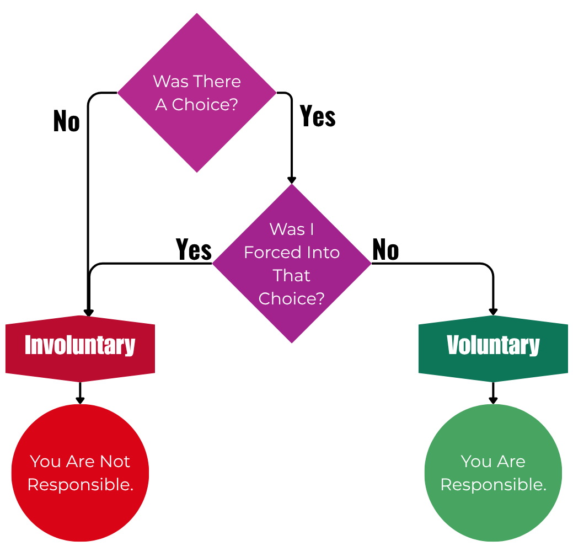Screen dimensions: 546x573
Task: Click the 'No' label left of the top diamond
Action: [66, 121]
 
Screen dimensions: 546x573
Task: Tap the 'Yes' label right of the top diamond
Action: [318, 116]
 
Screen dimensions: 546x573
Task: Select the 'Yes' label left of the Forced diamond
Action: [194, 249]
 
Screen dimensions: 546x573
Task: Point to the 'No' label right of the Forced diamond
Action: [385, 250]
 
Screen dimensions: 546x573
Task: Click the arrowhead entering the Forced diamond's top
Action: [292, 180]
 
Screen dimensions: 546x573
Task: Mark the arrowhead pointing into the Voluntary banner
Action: [493, 312]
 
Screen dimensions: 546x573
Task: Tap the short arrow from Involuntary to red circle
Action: [80, 393]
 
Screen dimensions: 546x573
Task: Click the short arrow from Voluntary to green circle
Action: [493, 393]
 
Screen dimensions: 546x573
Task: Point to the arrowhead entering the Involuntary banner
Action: [88, 313]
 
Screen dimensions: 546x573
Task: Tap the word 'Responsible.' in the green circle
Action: [493, 484]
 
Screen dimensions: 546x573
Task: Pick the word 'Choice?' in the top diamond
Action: [204, 104]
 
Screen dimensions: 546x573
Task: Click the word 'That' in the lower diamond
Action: [292, 275]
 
